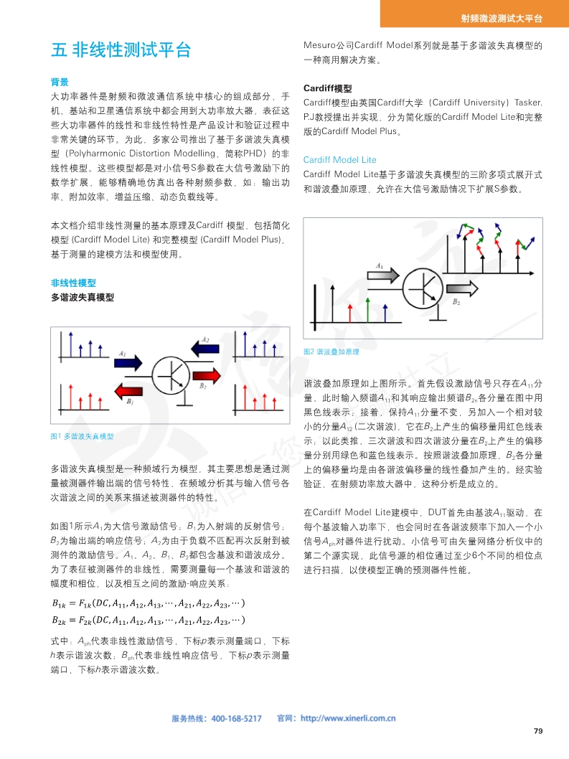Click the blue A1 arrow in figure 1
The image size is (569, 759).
coord(129,363)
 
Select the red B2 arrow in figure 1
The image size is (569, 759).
coord(208,376)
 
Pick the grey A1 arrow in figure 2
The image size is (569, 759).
coord(384,275)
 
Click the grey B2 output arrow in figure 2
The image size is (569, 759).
coord(465,289)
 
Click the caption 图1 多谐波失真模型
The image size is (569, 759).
coord(83,436)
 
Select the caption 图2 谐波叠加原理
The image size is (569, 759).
coord(331,352)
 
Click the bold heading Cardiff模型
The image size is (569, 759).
coord(327,88)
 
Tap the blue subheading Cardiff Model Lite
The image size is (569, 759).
coord(339,159)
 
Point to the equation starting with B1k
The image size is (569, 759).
coord(149,602)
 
